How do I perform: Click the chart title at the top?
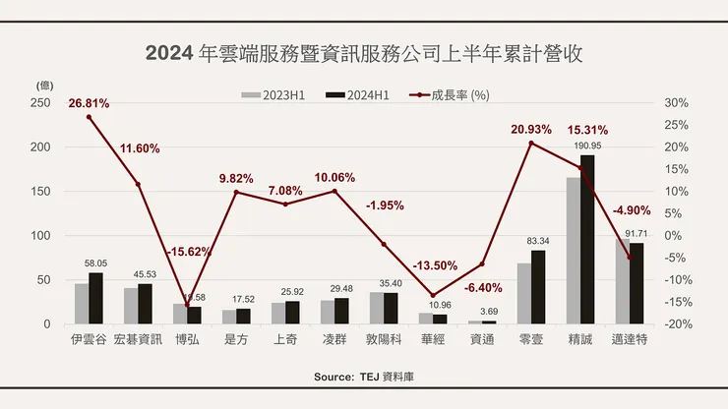pyautogui.click(x=363, y=52)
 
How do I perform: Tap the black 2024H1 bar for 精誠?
pyautogui.click(x=587, y=240)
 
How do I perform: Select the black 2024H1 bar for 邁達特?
pyautogui.click(x=637, y=283)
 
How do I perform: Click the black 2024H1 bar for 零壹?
pyautogui.click(x=538, y=287)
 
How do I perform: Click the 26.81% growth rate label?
pyautogui.click(x=89, y=103)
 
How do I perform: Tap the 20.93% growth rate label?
pyautogui.click(x=531, y=130)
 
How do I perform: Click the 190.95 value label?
pyautogui.click(x=587, y=146)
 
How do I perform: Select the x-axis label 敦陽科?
pyautogui.click(x=384, y=340)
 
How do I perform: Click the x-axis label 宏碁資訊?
pyautogui.click(x=138, y=340)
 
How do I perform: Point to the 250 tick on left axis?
pyautogui.click(x=40, y=103)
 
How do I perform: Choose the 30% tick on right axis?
pyautogui.click(x=676, y=103)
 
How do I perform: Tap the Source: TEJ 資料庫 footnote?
pyautogui.click(x=363, y=378)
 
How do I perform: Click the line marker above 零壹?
pyautogui.click(x=531, y=144)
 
